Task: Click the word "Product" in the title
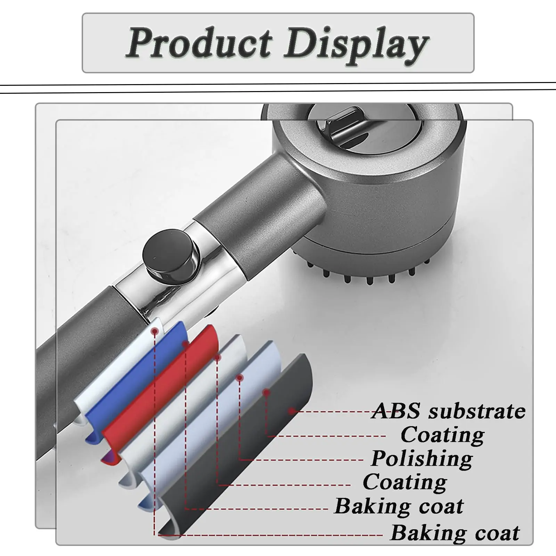click(x=199, y=43)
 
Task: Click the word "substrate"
click(x=477, y=411)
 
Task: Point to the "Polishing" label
click(x=422, y=459)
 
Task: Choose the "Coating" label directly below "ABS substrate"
click(x=442, y=435)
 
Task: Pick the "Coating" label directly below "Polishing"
click(x=405, y=482)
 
